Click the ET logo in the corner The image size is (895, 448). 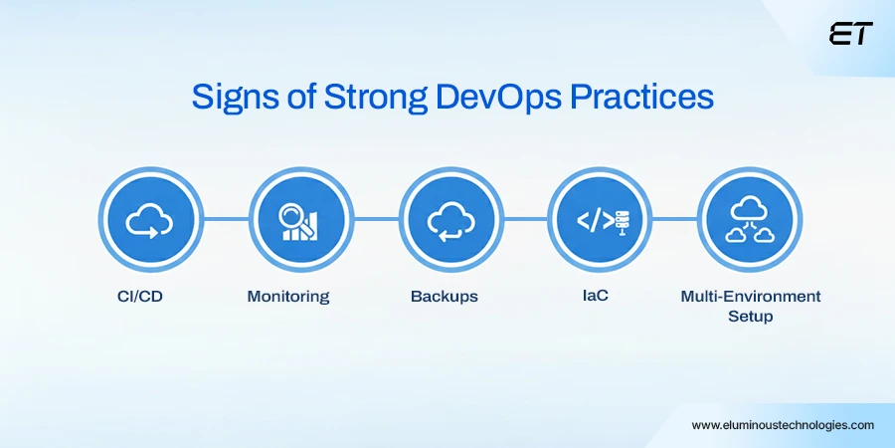(x=850, y=34)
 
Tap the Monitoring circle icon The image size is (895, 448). (x=297, y=218)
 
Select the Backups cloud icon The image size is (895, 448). (x=447, y=218)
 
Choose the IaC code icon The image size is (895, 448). (x=597, y=218)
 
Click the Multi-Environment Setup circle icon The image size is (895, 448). (x=746, y=218)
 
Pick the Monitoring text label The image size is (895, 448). (x=289, y=297)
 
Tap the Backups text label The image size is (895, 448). (x=445, y=297)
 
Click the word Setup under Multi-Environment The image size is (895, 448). (x=751, y=317)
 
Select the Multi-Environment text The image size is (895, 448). (x=751, y=297)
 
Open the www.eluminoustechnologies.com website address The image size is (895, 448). (x=783, y=424)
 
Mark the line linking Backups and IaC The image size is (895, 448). (x=522, y=218)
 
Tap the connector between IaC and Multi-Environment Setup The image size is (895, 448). (x=671, y=218)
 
